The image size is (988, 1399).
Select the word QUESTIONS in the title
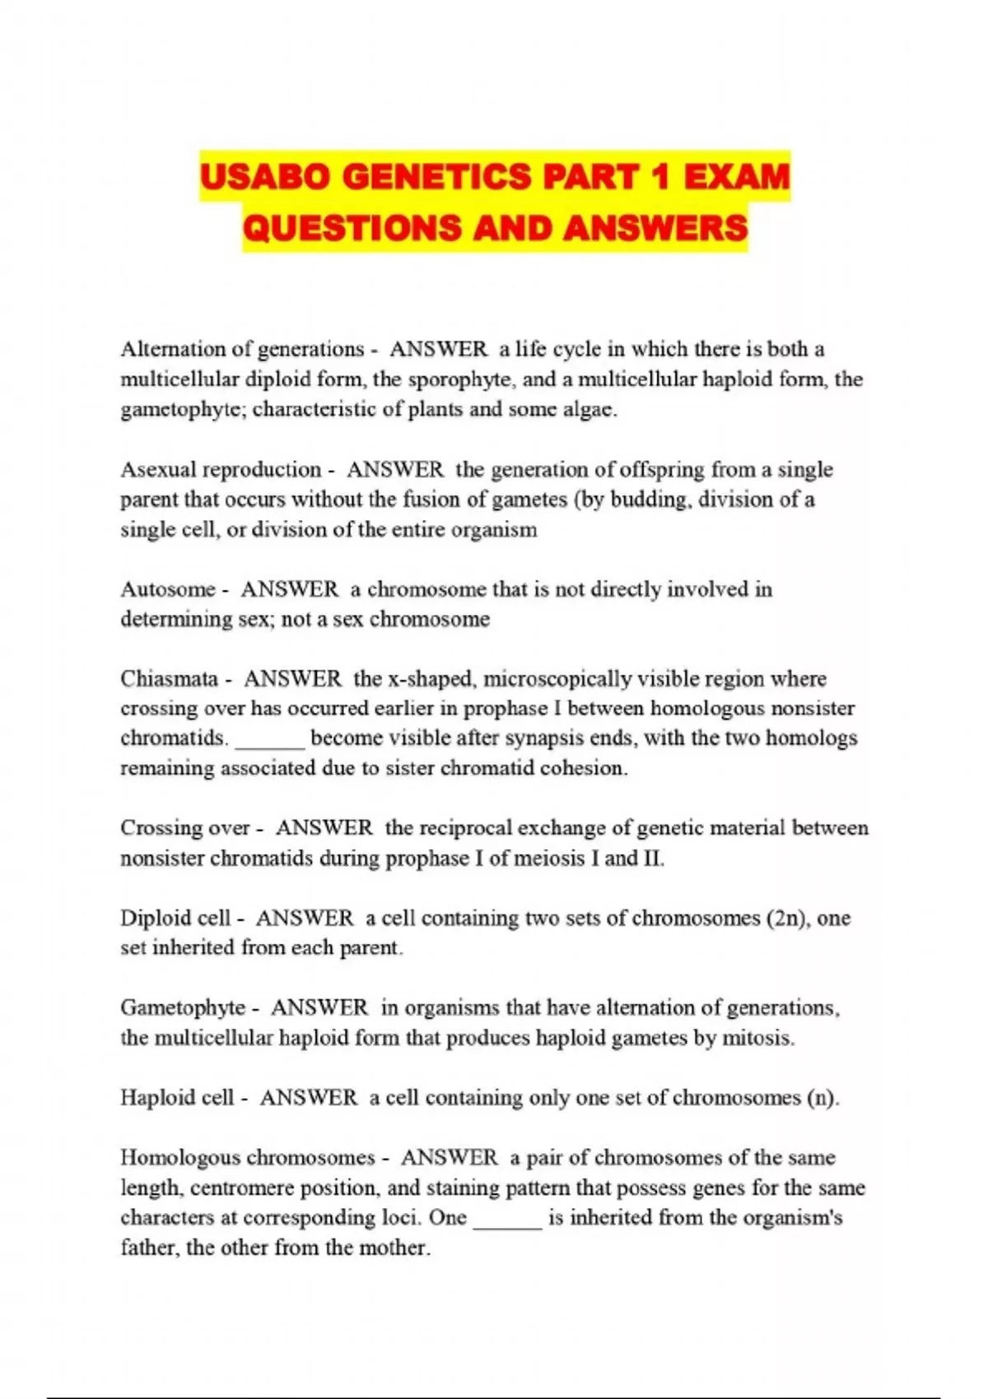pos(352,228)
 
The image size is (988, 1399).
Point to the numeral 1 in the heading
pos(655,177)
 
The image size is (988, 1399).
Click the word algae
pos(586,409)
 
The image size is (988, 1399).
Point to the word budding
pos(649,500)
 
